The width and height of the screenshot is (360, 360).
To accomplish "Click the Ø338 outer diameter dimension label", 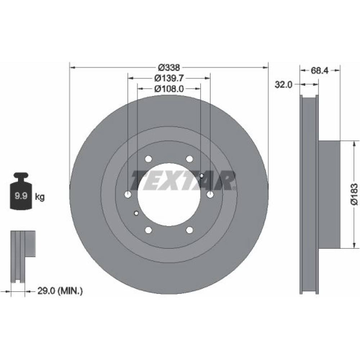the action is (169, 68).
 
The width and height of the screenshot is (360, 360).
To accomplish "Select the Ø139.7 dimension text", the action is (169, 78).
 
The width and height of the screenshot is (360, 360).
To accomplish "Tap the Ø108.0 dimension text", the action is (169, 89).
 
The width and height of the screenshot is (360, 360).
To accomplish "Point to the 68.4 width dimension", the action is (320, 71).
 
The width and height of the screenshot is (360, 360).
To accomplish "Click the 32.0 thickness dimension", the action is (284, 85).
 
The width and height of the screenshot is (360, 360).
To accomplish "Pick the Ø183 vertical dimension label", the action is (354, 194).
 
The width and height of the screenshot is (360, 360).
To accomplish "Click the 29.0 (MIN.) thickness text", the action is (60, 291).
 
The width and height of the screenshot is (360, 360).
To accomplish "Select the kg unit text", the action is (40, 197).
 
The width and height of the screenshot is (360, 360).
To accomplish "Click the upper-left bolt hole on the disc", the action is (149, 159).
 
